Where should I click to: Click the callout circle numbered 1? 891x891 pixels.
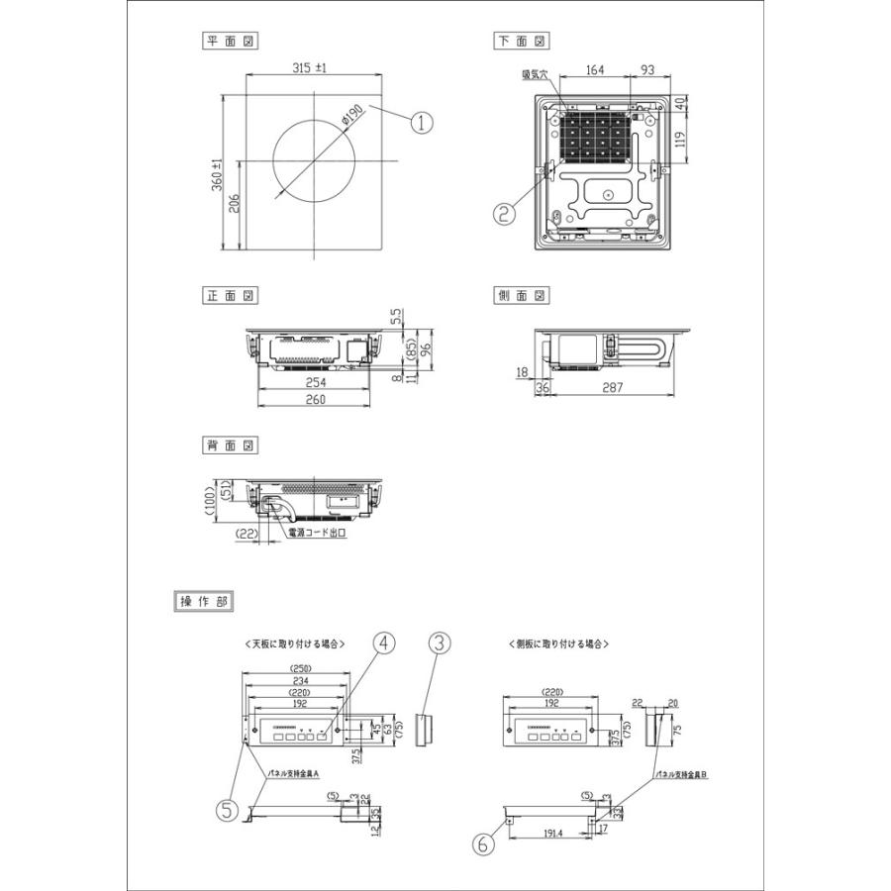point(423,123)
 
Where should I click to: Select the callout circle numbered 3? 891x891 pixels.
point(442,643)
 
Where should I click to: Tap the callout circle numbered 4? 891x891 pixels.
point(384,643)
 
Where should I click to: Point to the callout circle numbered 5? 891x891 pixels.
point(229,811)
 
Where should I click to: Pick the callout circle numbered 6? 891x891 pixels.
point(483,844)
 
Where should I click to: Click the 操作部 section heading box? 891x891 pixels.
point(205,600)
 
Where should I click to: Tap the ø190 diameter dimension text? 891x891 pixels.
point(351,118)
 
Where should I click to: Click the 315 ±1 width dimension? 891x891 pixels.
point(310,68)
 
